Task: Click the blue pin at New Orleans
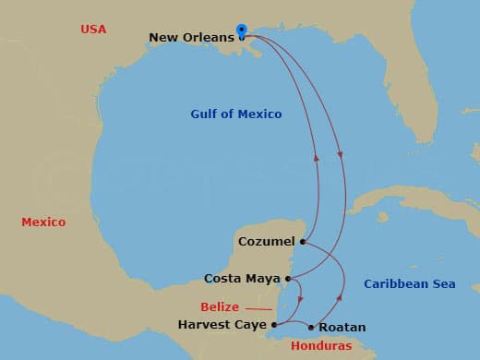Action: (241, 30)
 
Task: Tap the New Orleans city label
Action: (191, 38)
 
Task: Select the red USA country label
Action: (93, 30)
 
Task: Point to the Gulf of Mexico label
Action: (235, 114)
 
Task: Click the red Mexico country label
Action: (43, 222)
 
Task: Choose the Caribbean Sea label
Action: (409, 283)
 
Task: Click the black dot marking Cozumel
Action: (304, 242)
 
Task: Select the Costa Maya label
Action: (244, 278)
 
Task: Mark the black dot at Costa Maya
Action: (288, 278)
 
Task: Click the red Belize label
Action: (220, 306)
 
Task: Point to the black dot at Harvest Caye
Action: (274, 325)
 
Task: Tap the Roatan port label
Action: (342, 327)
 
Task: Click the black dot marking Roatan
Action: (311, 327)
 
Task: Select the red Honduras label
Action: (321, 346)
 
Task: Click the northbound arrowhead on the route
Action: (317, 158)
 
